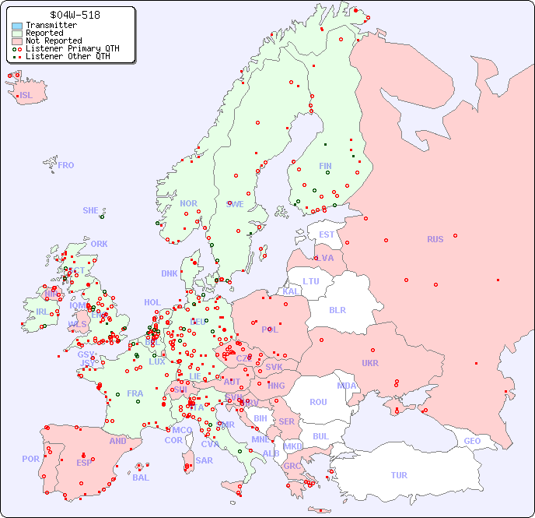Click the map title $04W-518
[74, 15]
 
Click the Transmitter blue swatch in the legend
[17, 26]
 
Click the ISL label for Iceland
[26, 96]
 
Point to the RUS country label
[435, 239]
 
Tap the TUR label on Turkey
[399, 475]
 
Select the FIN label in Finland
[325, 166]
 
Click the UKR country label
[370, 363]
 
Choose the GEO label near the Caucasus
[472, 441]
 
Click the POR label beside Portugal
[30, 459]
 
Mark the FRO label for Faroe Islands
[66, 165]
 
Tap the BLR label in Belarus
[337, 309]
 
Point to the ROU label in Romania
[318, 402]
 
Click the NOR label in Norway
[188, 203]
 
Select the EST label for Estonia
[327, 234]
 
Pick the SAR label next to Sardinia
[204, 460]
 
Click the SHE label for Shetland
[90, 210]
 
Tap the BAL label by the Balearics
[141, 477]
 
